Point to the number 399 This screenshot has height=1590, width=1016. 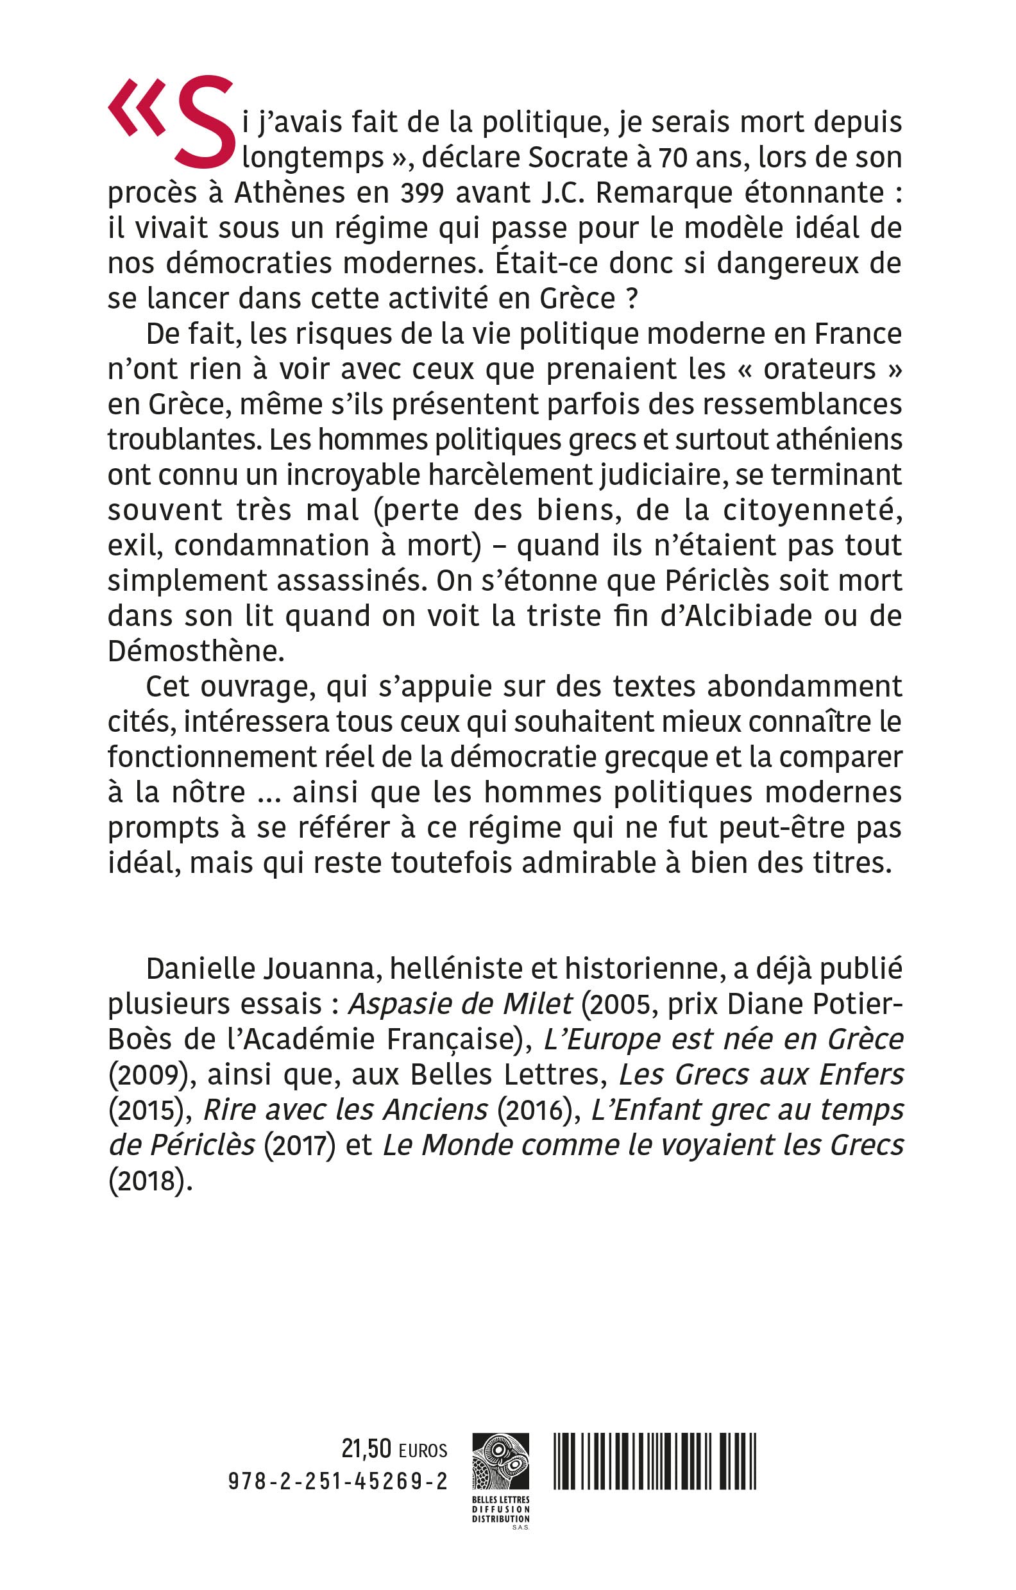coord(423,193)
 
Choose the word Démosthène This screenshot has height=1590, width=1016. coord(196,652)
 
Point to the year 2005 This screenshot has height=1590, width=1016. coord(623,1004)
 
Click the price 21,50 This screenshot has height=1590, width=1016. coord(366,1449)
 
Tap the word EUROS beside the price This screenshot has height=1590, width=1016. coord(423,1451)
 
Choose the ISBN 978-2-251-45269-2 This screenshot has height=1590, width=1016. coord(337,1481)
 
